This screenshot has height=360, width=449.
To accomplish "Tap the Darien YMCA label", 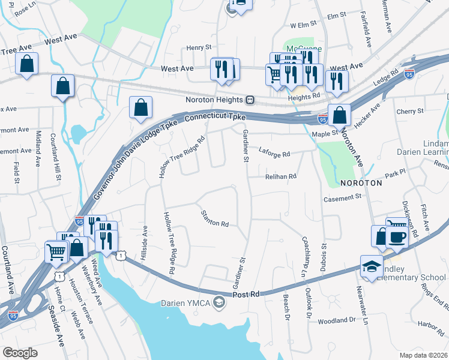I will [x=185, y=302].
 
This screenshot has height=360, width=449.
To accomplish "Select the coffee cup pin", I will [x=396, y=236].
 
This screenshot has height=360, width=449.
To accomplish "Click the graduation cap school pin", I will [x=372, y=266].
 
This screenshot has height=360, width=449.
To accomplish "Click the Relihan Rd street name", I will [x=281, y=176].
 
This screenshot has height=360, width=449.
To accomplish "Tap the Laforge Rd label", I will [x=274, y=154].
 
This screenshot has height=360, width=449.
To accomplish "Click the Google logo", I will [x=20, y=353].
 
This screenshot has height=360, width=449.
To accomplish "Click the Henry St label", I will [x=199, y=47].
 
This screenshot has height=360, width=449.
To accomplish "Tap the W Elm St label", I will [x=303, y=26].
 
